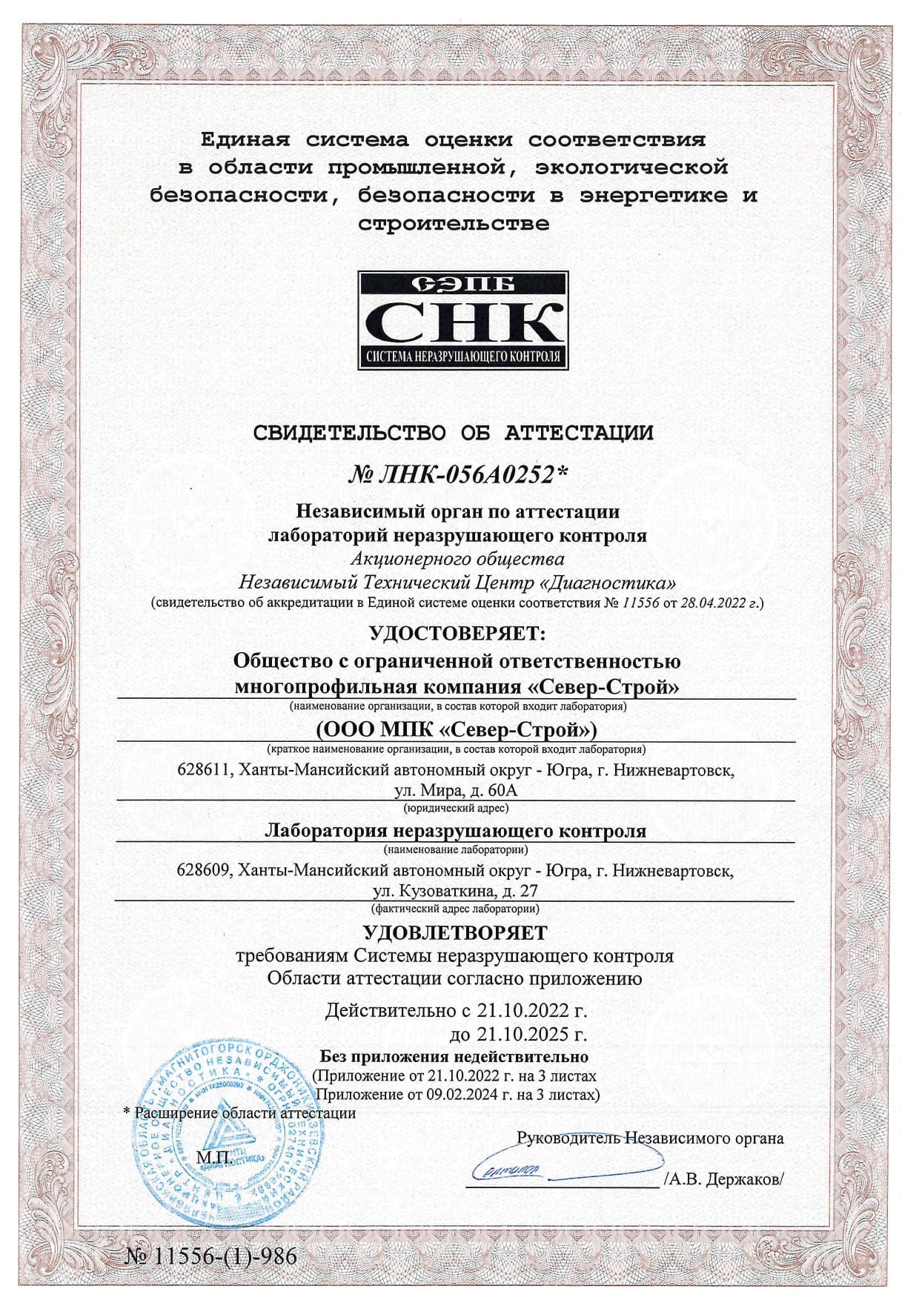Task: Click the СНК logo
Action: (462, 321)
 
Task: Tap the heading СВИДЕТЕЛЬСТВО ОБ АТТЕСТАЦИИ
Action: (454, 433)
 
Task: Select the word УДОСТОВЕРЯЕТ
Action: (457, 634)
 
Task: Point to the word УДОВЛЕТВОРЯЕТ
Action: (455, 932)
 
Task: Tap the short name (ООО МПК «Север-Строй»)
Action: (457, 730)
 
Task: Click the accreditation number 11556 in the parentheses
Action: (641, 603)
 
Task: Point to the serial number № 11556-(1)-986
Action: (211, 1256)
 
